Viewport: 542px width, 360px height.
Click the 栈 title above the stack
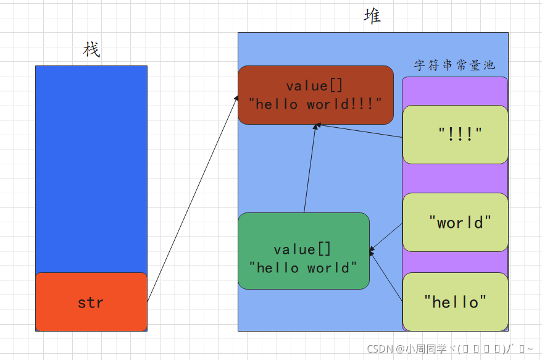(x=91, y=50)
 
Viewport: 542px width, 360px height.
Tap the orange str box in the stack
(x=91, y=302)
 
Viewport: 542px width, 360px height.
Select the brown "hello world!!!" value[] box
(x=315, y=94)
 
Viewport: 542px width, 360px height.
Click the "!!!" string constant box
(x=455, y=134)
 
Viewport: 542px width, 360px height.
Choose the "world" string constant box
(x=455, y=222)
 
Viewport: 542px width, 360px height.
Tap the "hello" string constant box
(x=455, y=302)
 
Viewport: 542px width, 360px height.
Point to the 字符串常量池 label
(x=454, y=65)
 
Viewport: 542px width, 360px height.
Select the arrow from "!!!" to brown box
(x=361, y=131)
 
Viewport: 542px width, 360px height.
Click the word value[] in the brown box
(x=315, y=86)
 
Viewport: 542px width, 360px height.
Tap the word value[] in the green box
(x=302, y=249)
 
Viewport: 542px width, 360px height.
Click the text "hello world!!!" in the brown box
(x=315, y=104)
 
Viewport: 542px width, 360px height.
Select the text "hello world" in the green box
(x=302, y=268)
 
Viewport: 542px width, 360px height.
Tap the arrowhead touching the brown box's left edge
(x=236, y=98)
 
